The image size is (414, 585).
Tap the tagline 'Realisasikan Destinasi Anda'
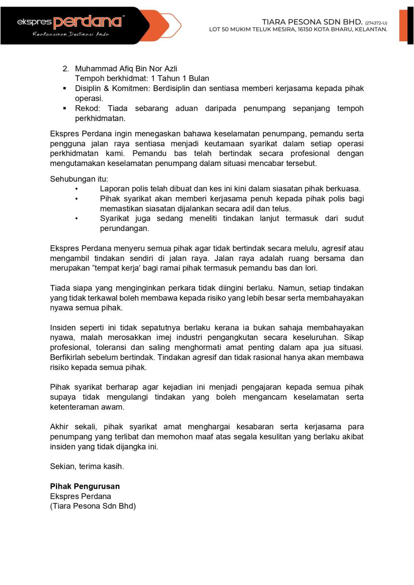coord(71,34)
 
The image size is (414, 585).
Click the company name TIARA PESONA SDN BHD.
coord(312,22)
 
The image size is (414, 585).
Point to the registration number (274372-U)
coord(376,23)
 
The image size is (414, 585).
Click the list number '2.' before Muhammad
coord(66,69)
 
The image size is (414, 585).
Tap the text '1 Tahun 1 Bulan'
coord(180,78)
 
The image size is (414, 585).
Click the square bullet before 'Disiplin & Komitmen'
coord(65,88)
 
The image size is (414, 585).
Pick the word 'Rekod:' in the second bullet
coord(87,108)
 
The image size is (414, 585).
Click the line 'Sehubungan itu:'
coord(79,179)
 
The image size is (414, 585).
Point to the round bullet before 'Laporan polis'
coord(77,189)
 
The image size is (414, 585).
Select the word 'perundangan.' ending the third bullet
coord(124,229)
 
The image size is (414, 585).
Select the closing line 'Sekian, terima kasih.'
coord(87,466)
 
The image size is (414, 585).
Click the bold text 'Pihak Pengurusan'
coord(85,486)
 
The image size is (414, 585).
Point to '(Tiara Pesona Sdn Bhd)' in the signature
coord(93,506)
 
